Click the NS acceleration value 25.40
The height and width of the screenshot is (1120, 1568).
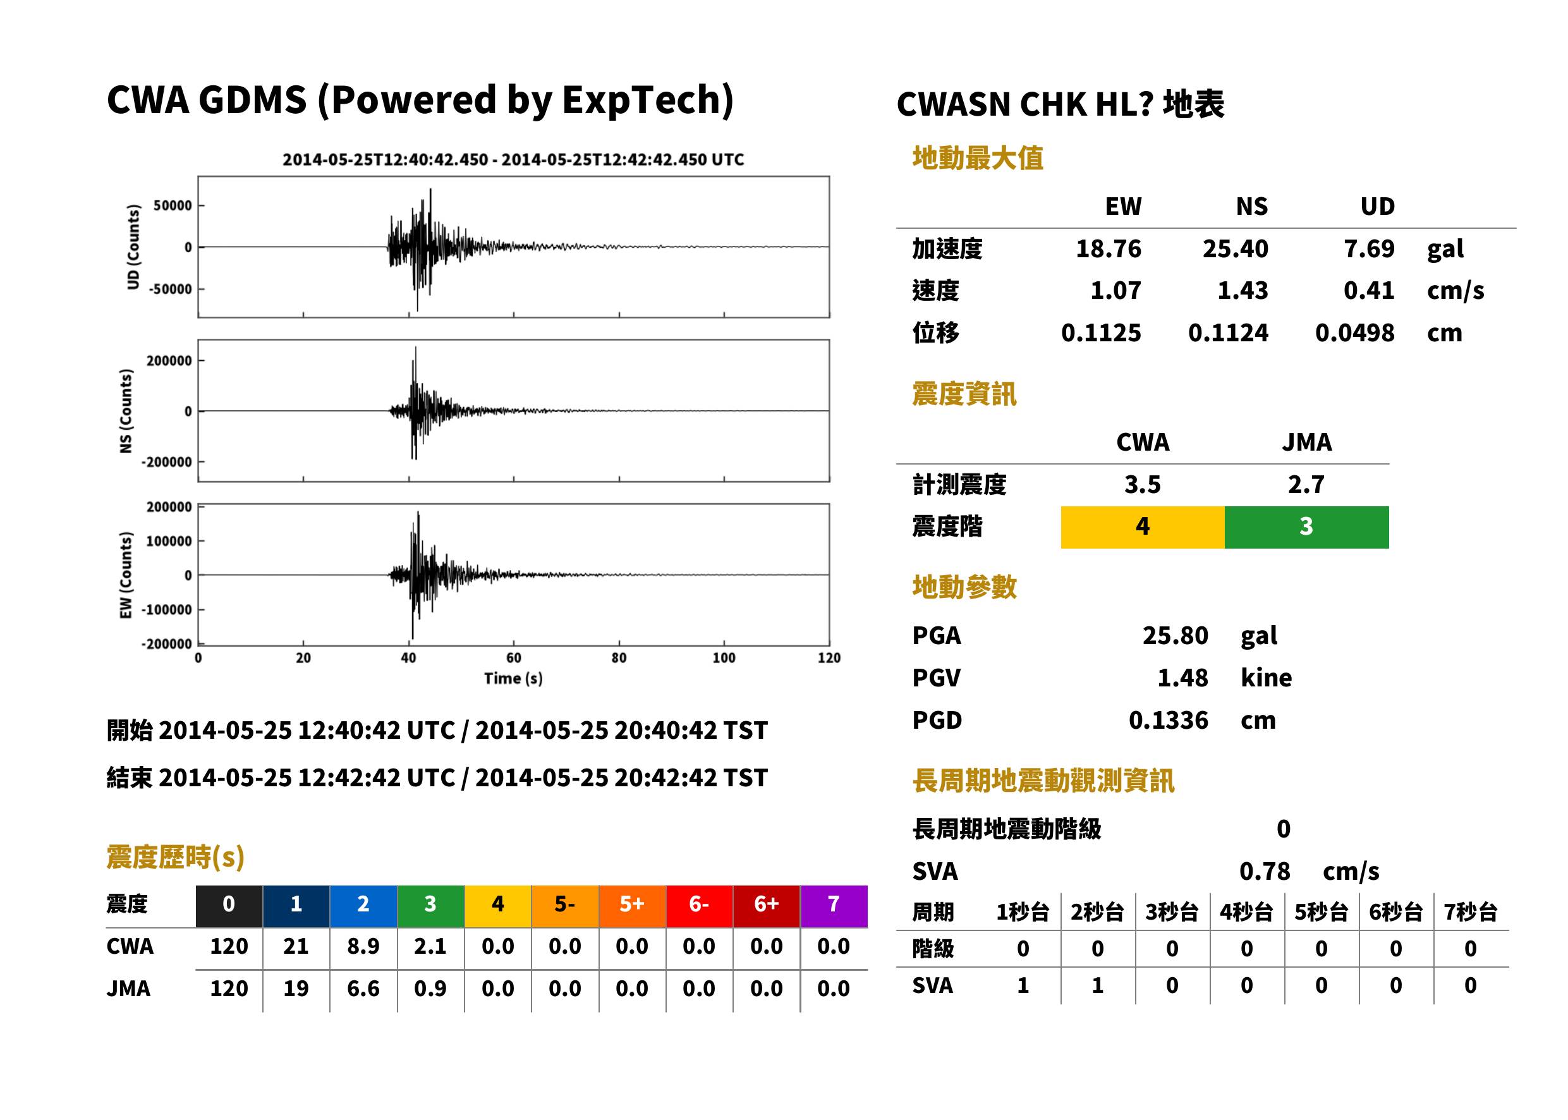pos(1235,248)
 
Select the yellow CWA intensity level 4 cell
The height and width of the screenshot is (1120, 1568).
pos(1143,527)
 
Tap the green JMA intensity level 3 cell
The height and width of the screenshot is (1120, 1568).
pos(1307,527)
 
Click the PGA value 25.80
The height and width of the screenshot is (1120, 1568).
pos(1175,635)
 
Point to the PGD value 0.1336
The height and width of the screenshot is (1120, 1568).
pos(1168,720)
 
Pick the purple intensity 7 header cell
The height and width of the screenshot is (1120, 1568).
pos(834,904)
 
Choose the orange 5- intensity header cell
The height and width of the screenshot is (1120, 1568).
pos(565,904)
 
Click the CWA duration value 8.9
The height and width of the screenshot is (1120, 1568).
pos(363,946)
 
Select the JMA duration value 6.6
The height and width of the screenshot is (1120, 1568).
pos(363,989)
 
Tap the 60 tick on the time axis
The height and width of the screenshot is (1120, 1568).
pos(514,658)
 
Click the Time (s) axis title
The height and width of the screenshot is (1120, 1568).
pos(514,679)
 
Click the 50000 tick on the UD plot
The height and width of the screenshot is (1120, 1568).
pos(173,205)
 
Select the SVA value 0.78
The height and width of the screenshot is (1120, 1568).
pos(1265,871)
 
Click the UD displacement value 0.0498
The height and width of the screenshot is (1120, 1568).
pos(1354,333)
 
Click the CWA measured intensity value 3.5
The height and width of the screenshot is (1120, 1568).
pos(1143,484)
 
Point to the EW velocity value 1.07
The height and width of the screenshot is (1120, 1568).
pos(1115,290)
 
